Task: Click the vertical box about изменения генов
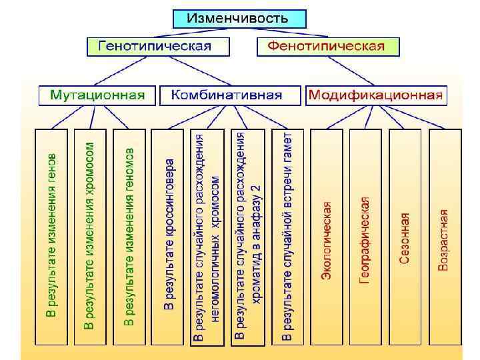click(x=51, y=237)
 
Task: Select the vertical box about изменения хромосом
click(x=90, y=237)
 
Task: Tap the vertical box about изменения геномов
click(x=129, y=237)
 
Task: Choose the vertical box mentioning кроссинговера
click(x=169, y=237)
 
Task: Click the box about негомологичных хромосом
click(x=207, y=237)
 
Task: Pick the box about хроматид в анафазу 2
click(x=247, y=237)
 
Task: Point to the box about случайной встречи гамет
click(x=287, y=237)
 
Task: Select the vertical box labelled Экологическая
click(x=327, y=237)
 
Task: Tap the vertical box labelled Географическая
click(x=365, y=237)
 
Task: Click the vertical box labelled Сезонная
click(x=405, y=237)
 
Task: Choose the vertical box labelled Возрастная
click(x=444, y=237)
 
